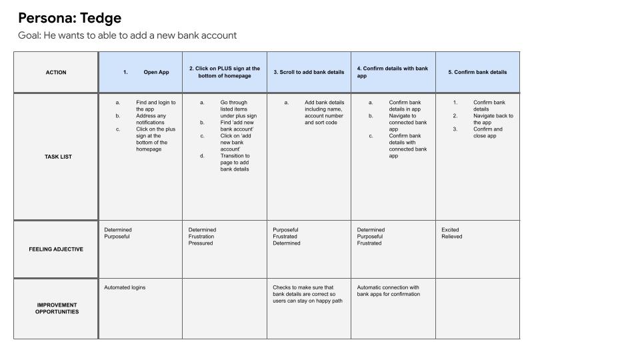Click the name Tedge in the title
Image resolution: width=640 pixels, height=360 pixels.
coord(100,18)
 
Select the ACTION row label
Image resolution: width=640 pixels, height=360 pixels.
coord(56,73)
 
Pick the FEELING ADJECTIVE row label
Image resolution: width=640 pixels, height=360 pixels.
coord(56,249)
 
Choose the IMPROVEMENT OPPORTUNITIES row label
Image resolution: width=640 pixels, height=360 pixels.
coord(57,309)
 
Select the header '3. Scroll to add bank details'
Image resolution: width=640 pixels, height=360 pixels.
coord(309,73)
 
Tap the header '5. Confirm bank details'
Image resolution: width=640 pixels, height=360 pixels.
coord(477,73)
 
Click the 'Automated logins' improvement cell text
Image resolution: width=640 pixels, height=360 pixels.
coord(125,287)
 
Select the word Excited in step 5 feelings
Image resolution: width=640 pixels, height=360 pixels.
coord(451,230)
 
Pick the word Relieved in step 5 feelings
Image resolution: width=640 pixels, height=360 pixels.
coord(452,237)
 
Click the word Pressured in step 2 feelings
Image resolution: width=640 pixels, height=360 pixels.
coord(201,243)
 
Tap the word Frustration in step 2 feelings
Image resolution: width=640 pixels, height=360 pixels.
coord(201,237)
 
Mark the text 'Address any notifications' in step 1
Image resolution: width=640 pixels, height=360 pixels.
coord(151,119)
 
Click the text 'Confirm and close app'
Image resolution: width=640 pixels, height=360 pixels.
coord(488,133)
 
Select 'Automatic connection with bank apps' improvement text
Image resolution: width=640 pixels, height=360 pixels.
coord(389,291)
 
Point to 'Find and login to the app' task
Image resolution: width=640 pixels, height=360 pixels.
coord(155,106)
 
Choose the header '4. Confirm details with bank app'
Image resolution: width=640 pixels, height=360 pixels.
coord(393,72)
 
